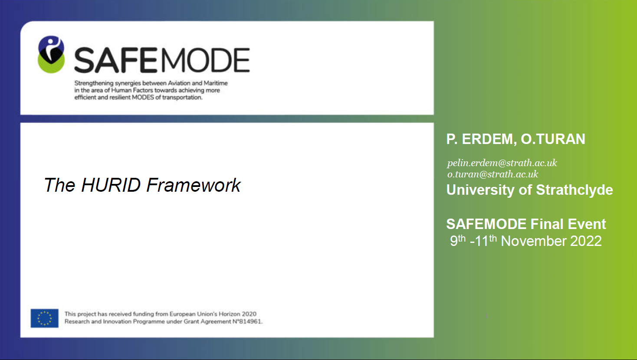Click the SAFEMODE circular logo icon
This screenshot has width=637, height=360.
click(51, 54)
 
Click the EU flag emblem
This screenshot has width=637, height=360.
click(45, 318)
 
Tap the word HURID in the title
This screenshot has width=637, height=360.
click(111, 185)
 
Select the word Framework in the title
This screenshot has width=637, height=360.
click(194, 185)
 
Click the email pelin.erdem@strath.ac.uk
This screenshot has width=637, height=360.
click(502, 163)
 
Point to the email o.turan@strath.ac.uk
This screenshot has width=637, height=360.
click(493, 174)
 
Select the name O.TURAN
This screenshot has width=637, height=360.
click(553, 139)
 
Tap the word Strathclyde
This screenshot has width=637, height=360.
click(575, 190)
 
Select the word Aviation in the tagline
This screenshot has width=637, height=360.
click(179, 83)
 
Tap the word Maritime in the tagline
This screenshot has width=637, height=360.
click(216, 83)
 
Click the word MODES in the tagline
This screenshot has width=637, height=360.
click(143, 97)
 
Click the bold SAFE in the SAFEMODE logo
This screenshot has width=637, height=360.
click(115, 60)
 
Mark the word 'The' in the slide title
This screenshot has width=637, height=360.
click(59, 185)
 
